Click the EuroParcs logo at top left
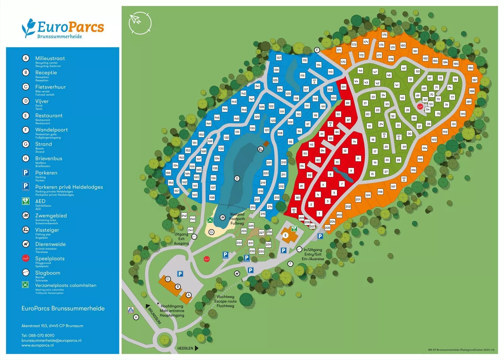63,28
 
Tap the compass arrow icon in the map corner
140,23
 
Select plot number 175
384,35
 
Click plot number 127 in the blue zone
279,58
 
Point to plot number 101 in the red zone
343,87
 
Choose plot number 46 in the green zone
360,71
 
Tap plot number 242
184,216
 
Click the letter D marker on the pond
237,178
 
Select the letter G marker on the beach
211,232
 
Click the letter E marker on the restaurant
285,235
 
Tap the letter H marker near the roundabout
136,317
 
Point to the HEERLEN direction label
185,348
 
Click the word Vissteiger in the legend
47,230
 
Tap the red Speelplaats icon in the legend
26,259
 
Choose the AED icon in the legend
26,201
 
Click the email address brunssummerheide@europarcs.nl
51,340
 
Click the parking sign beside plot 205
320,236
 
